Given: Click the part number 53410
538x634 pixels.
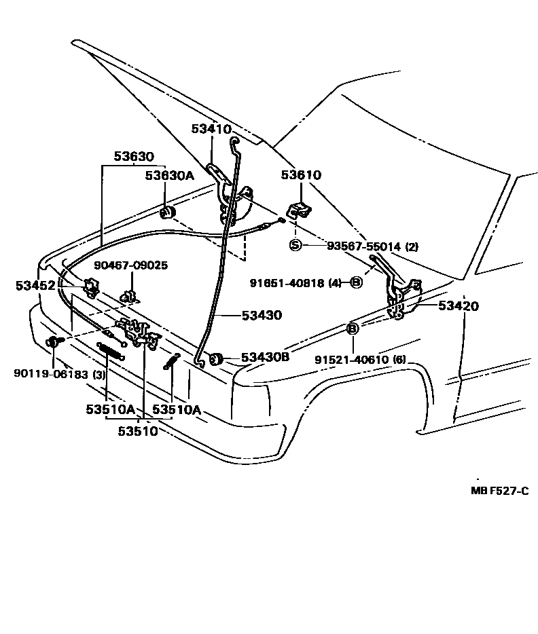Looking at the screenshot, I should [211, 129].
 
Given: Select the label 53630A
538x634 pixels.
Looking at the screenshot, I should [169, 175].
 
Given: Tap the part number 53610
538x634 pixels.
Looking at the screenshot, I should [301, 175].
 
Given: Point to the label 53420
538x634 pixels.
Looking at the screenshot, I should [458, 306].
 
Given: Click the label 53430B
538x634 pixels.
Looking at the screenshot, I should [266, 356].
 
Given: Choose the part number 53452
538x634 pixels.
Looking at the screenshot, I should [35, 286].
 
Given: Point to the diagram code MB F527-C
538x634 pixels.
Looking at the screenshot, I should [499, 491].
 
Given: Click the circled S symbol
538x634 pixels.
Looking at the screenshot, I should [295, 245].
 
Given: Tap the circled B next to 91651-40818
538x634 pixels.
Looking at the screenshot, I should [355, 282].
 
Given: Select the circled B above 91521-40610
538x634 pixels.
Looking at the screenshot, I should [353, 329].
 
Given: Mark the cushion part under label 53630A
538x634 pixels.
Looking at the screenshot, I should [167, 215].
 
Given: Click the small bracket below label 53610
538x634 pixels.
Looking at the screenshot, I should [298, 210].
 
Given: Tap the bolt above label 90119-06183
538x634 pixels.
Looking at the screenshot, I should [53, 341].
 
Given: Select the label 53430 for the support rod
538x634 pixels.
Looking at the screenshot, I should [261, 316].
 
